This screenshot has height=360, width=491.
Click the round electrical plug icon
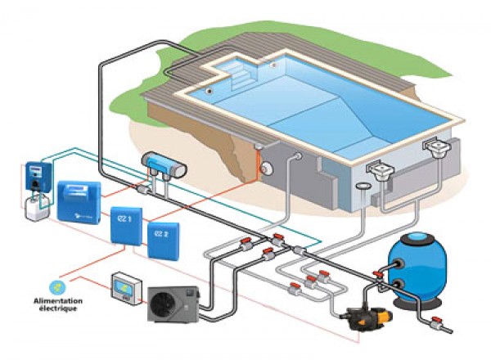pyautogui.click(x=57, y=286)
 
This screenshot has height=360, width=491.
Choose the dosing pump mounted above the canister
pyautogui.click(x=34, y=173)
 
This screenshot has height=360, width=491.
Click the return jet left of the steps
pyautogui.click(x=212, y=90)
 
